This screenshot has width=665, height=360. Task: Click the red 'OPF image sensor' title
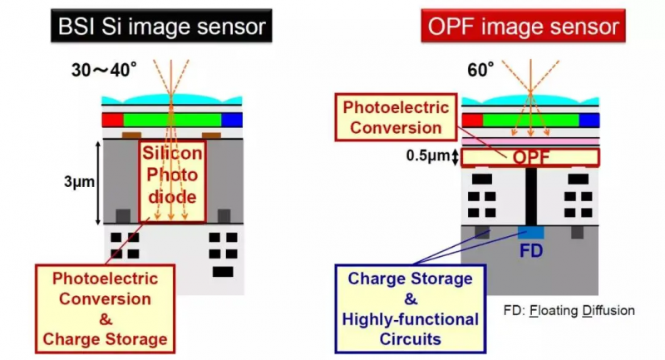point(524,27)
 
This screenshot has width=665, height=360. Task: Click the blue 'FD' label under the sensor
point(530,250)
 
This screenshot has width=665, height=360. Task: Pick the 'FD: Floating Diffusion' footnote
point(569,310)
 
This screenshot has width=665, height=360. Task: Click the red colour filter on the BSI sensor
point(112,120)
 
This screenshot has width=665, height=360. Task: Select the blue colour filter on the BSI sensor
point(232,120)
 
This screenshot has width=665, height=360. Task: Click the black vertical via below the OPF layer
point(530,195)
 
